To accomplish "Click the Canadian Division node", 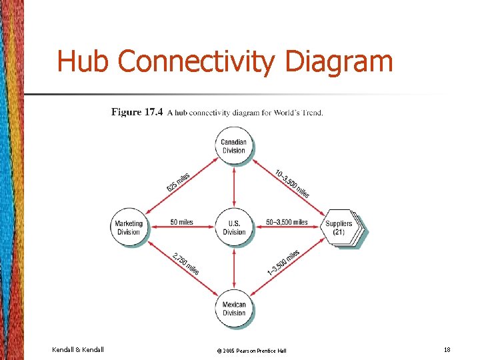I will [x=234, y=146].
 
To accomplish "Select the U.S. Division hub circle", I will [x=234, y=227].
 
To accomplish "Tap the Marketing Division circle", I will [x=129, y=227].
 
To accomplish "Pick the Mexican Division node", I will [x=234, y=309].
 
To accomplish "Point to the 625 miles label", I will [x=179, y=182].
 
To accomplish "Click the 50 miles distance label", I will [x=181, y=222].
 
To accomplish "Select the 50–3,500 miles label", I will [x=287, y=222].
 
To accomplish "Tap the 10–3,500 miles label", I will [x=292, y=183].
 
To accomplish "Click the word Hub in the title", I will [x=84, y=61].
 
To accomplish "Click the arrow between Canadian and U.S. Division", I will [x=234, y=187].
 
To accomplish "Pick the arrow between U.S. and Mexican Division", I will [x=234, y=268].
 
